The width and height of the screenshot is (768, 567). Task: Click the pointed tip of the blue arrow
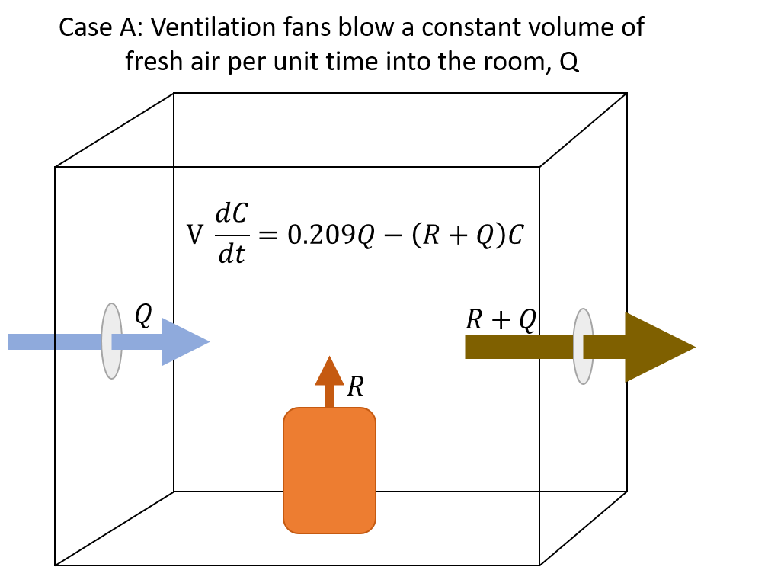[x=208, y=341]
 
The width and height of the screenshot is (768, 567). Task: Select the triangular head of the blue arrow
[x=181, y=341]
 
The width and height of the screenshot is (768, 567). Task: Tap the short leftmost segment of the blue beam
[x=30, y=341]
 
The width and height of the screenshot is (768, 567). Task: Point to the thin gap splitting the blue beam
[x=55, y=341]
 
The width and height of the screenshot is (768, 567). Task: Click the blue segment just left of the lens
[x=78, y=341]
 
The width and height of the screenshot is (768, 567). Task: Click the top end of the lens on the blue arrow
[x=111, y=306]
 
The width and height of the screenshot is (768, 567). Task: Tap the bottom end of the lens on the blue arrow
[x=111, y=376]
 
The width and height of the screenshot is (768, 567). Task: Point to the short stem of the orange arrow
[x=329, y=396]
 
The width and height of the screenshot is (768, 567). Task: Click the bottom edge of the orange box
[x=329, y=533]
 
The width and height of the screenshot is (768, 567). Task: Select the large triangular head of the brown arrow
[x=651, y=347]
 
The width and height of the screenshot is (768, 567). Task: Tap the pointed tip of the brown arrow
[x=694, y=347]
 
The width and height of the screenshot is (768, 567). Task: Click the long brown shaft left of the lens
[x=518, y=347]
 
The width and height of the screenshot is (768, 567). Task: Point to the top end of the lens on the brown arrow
[x=583, y=311]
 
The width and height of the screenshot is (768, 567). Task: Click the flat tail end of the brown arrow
[x=467, y=347]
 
